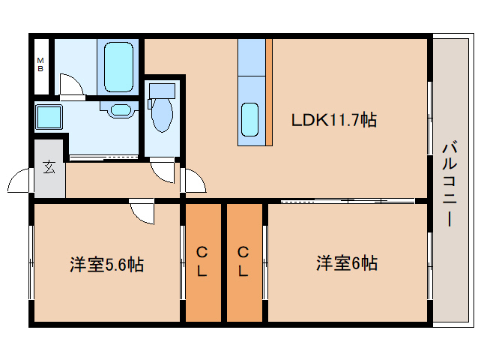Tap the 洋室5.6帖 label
point(106,264)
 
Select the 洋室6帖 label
point(346,264)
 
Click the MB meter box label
point(40,64)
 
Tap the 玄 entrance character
point(49,167)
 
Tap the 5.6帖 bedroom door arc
point(141,213)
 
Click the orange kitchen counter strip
point(270,91)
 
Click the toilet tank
point(161,91)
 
